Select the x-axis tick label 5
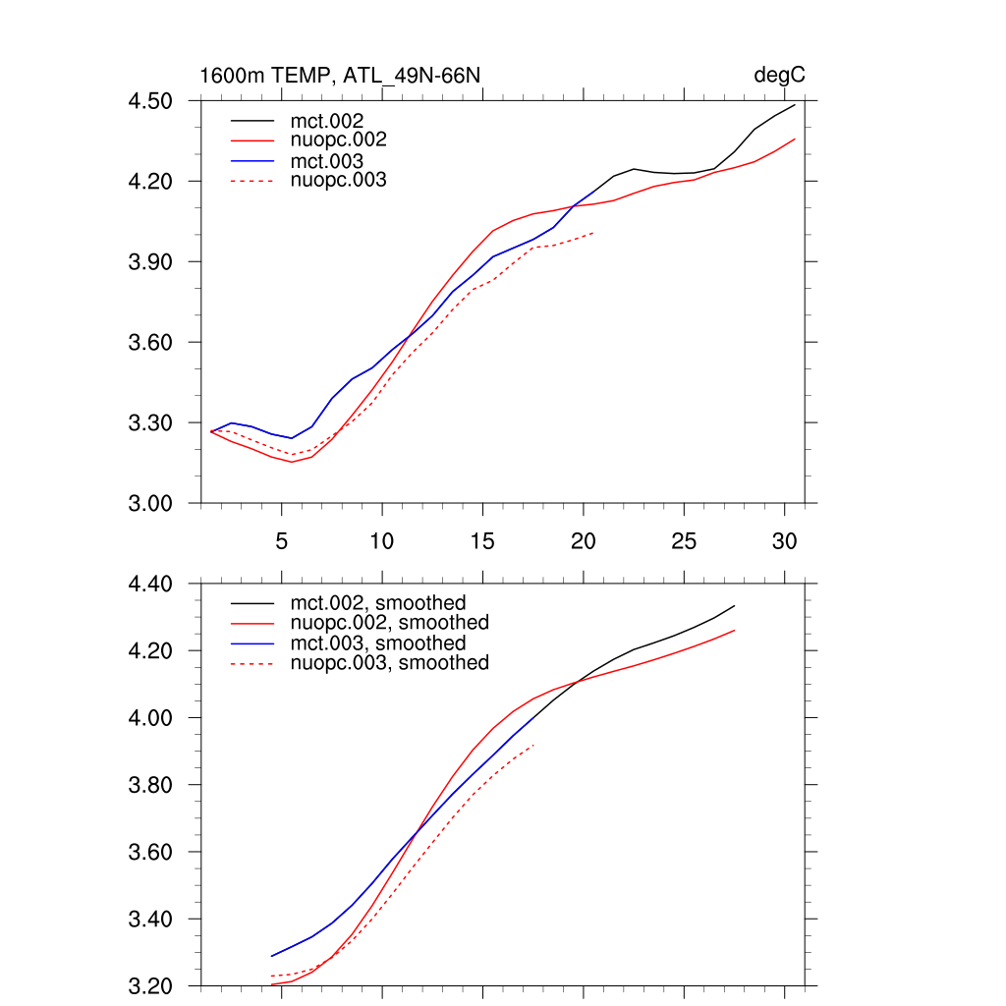282,540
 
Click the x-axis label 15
482,540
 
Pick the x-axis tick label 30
784,540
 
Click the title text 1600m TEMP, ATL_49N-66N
340,76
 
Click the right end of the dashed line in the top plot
593,233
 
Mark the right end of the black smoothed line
734,606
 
